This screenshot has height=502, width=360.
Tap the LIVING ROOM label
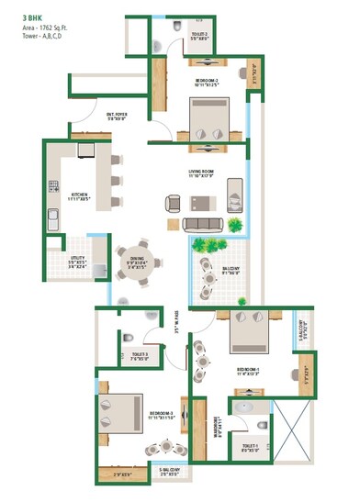click(x=207, y=172)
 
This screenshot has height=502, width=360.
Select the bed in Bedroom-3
click(x=125, y=411)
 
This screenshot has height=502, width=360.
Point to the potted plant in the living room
click(x=236, y=225)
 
